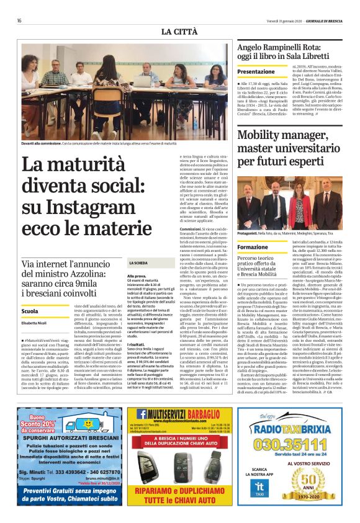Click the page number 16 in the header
point(20,20)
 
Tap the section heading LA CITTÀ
point(179,31)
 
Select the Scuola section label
point(30,311)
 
